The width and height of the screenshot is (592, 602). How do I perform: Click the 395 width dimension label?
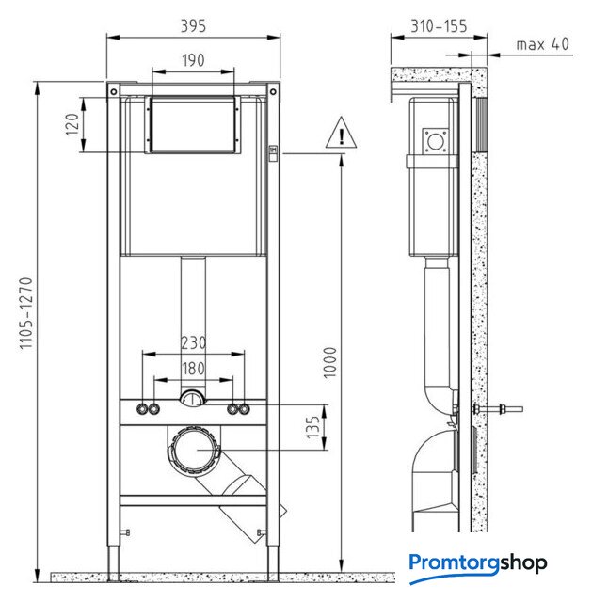point(193,26)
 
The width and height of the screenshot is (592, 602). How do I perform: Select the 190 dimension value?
point(193,60)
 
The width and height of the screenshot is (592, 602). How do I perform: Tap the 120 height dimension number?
point(72,124)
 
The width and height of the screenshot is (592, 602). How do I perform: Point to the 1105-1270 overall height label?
point(26,313)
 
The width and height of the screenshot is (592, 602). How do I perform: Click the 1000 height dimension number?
point(330,363)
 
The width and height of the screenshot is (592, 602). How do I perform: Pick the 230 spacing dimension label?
point(193,342)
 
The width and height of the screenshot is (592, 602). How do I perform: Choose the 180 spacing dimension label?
point(193,369)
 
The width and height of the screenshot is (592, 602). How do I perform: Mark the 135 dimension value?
point(312,427)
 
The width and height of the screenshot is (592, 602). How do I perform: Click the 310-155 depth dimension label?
point(440,26)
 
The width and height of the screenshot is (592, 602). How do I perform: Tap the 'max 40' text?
point(542,44)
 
